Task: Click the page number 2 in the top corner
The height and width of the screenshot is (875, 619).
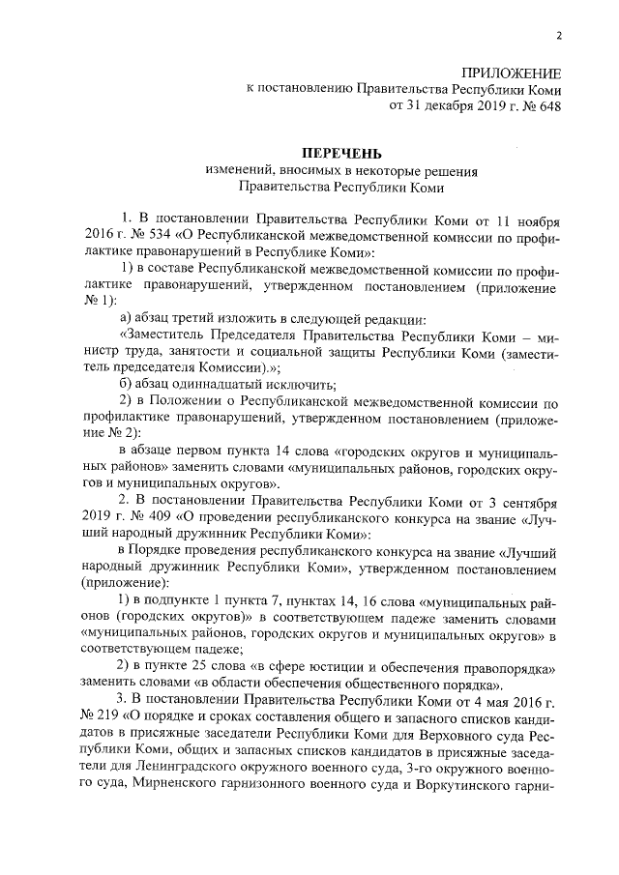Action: pyautogui.click(x=559, y=36)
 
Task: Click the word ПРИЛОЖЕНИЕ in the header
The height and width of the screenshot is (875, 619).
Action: pyautogui.click(x=511, y=73)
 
